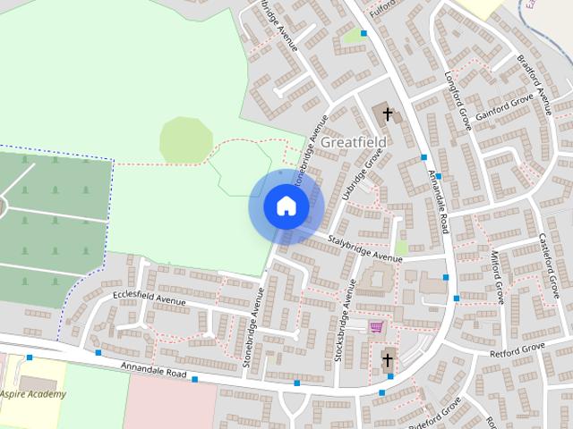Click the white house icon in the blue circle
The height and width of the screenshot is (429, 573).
(x=286, y=206)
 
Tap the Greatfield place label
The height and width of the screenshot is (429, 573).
(x=354, y=141)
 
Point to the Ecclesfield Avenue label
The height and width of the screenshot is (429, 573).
(x=149, y=299)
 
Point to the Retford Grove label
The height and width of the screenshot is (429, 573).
(x=517, y=350)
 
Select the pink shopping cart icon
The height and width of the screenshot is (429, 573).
(x=376, y=327)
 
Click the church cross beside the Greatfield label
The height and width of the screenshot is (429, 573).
(x=388, y=114)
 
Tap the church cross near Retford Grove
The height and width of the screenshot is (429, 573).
(x=387, y=359)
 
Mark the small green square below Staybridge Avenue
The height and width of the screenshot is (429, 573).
(x=401, y=247)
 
